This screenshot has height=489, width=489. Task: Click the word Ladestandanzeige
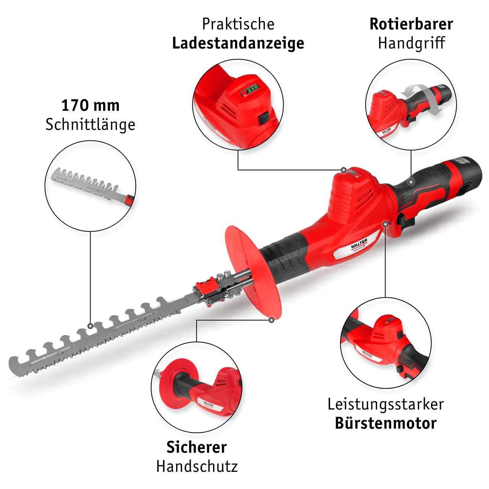click(x=238, y=44)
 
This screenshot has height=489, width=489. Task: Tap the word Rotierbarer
click(x=411, y=24)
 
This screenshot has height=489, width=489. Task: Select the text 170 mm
click(x=90, y=105)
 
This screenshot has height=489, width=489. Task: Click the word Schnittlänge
click(x=90, y=125)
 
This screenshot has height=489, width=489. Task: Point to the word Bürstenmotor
click(x=386, y=423)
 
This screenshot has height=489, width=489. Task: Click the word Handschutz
click(x=197, y=466)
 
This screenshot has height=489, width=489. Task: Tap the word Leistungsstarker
click(x=386, y=404)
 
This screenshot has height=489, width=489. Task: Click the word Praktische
click(x=238, y=24)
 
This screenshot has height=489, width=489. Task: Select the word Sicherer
click(x=197, y=447)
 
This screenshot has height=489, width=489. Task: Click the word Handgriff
click(x=411, y=43)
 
